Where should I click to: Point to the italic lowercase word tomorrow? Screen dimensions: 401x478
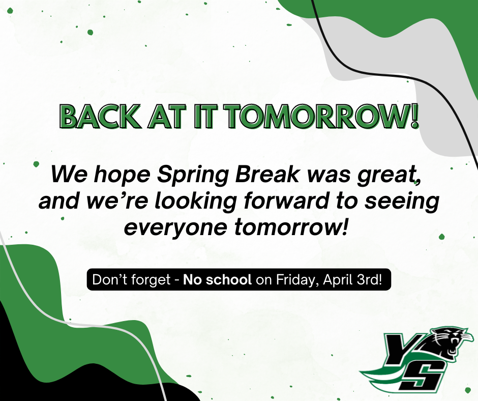[x=291, y=226]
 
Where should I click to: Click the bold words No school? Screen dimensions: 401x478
[x=218, y=280]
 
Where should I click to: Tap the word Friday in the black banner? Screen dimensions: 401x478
[x=293, y=280]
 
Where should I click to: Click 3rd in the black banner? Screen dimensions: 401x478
[x=371, y=280]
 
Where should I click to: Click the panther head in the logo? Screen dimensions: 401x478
[x=448, y=342]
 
